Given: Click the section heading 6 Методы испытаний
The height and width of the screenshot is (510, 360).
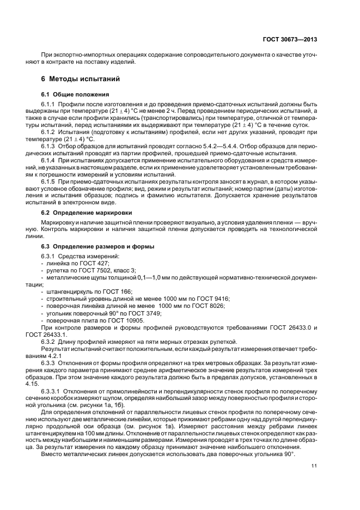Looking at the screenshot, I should point(77,78).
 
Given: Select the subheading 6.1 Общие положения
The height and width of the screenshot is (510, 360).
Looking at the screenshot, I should point(71,94).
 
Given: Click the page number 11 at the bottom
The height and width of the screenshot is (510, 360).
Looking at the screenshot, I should point(314,465).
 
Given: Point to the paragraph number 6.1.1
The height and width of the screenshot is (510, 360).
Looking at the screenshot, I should point(50,104).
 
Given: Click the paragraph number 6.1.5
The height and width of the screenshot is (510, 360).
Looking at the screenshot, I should point(50,181).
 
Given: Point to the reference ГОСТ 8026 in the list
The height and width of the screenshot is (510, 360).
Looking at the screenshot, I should point(208,305).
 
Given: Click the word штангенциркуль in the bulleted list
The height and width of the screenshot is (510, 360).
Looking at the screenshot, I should point(64,291).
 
